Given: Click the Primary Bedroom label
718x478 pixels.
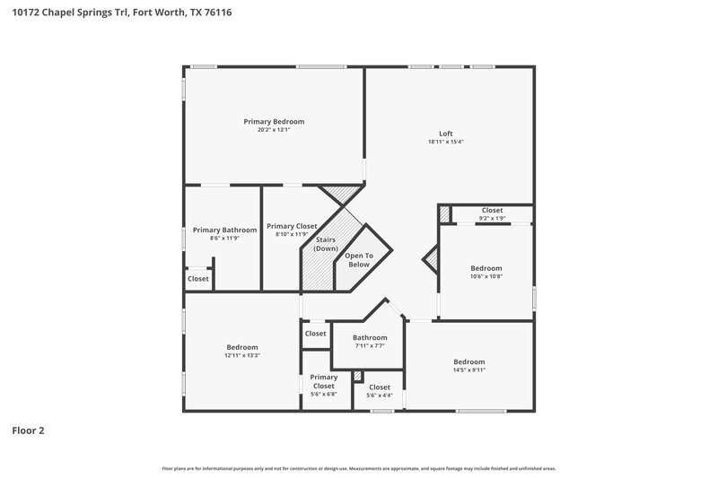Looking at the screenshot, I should point(274,121).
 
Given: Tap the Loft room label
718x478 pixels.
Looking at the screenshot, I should point(445,134).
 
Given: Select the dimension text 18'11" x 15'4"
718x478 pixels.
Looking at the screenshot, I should point(445,142).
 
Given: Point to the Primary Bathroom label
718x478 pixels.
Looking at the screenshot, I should point(221,230).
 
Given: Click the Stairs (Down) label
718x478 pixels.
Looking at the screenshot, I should point(326,243).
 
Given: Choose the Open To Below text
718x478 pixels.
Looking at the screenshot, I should point(358,260).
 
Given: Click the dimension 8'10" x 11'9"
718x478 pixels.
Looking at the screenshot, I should point(292,235).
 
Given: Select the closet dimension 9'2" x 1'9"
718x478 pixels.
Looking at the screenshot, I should point(492,218).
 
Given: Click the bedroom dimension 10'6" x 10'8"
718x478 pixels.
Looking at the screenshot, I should point(486,276).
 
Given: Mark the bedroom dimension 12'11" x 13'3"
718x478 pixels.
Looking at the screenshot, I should point(242,355).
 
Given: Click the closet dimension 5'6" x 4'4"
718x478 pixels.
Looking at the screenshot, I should point(380,395).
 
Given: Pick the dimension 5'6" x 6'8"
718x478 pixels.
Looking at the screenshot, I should point(323,394).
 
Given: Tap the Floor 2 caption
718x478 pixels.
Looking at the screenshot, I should point(28,430).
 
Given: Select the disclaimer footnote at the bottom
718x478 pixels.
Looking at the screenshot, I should point(359,468).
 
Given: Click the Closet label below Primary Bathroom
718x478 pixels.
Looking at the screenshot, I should point(198,279).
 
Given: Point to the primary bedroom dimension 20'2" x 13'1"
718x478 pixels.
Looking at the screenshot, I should point(274,129).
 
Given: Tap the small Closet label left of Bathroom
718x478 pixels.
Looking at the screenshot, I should point(316,334).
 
